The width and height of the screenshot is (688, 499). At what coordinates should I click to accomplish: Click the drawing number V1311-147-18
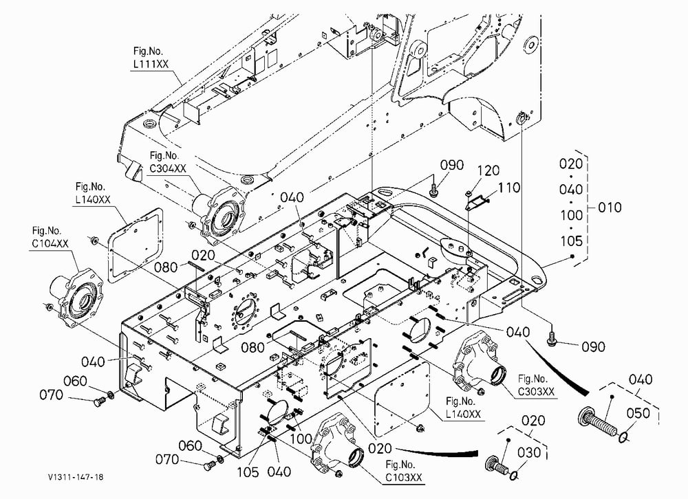click(x=76, y=477)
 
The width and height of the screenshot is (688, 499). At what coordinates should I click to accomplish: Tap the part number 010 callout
click(x=610, y=207)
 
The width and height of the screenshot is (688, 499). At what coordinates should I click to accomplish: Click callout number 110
click(x=509, y=188)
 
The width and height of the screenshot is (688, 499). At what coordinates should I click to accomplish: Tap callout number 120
click(x=488, y=170)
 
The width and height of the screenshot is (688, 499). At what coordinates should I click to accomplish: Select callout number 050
click(x=638, y=413)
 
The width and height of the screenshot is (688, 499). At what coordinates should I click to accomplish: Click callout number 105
click(x=248, y=472)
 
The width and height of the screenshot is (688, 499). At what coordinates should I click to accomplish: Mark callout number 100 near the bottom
click(x=302, y=439)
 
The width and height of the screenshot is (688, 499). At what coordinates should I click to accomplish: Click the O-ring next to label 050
click(x=623, y=436)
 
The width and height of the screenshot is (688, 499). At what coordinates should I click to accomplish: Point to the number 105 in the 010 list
click(x=571, y=241)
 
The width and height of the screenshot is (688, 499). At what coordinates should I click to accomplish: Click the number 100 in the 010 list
click(x=571, y=215)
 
